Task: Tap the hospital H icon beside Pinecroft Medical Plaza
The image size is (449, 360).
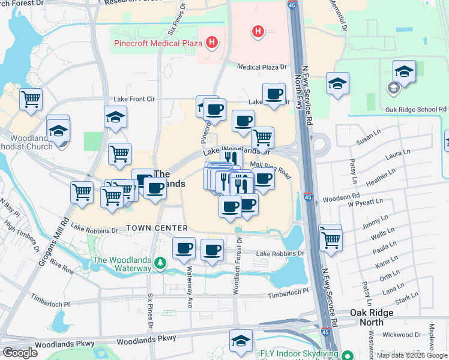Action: point(211,42)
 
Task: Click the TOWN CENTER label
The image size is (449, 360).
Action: point(157,229)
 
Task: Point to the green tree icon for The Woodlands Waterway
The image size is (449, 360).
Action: point(160,263)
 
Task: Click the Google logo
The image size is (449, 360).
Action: point(20,352)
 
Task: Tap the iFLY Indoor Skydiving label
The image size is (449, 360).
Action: point(297,353)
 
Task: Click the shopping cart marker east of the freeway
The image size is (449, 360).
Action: point(331,238)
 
